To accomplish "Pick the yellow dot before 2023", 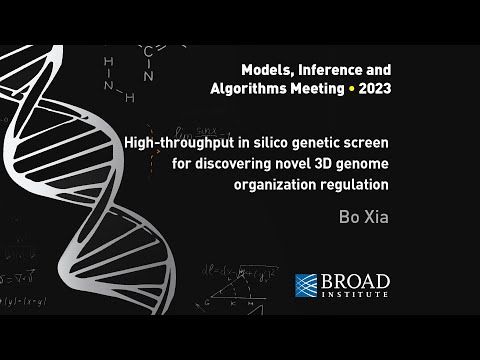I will pos(354,87).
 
